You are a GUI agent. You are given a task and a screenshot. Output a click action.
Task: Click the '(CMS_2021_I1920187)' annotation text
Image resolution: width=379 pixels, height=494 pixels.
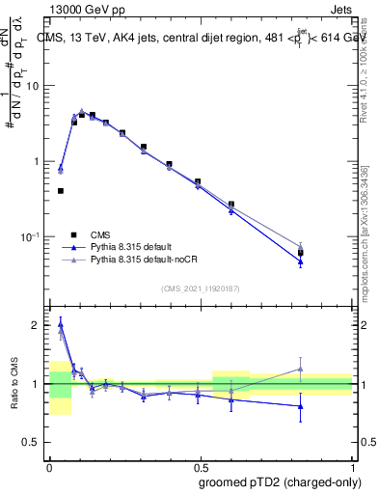(x=200, y=288)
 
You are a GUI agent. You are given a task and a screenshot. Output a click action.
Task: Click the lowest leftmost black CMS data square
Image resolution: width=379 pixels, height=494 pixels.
(x=61, y=191)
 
